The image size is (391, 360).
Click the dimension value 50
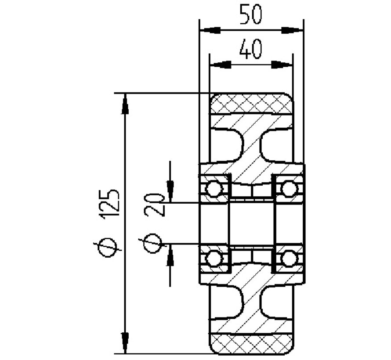click(251, 14)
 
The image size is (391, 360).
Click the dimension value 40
click(251, 49)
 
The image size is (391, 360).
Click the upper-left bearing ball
click(214, 189)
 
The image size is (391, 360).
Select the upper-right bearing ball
click(289, 189)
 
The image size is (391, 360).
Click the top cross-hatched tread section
click(251, 104)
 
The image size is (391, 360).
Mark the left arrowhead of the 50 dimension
click(210, 30)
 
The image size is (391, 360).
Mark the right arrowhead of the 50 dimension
click(293, 30)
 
